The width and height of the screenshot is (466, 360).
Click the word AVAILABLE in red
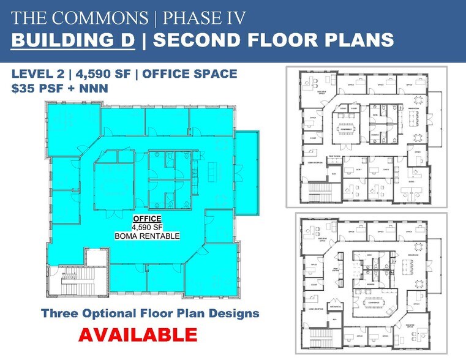(137, 336)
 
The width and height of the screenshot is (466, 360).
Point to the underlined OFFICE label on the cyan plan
(147, 219)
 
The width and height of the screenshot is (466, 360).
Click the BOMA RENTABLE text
(147, 236)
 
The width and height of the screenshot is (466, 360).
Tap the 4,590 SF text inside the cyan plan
(147, 227)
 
